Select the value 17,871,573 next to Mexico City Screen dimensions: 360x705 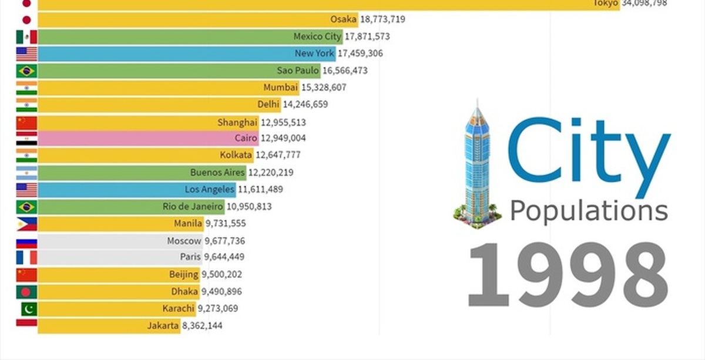click(367, 36)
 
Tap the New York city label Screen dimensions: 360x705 click(314, 53)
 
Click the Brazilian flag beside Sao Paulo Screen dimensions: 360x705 click(26, 71)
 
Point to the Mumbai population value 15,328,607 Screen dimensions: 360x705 click(324, 88)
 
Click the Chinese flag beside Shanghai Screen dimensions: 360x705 click(26, 123)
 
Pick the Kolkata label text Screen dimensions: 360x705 click(236, 156)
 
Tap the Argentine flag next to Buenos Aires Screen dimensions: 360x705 click(26, 173)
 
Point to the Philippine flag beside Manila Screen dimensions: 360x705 click(26, 224)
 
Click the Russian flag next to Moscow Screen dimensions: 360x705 click(26, 241)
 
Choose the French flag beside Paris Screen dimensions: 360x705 click(26, 257)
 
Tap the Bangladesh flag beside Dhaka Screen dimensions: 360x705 click(26, 292)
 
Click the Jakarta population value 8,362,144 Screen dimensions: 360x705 click(202, 325)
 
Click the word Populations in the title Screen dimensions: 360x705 click(589, 210)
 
